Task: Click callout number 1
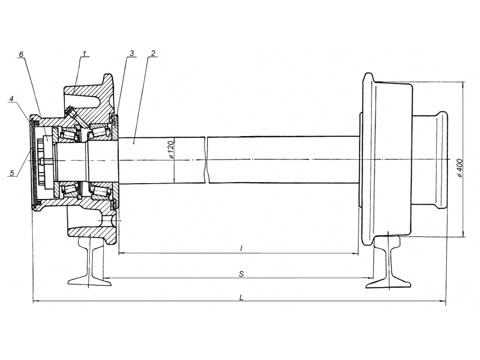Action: (84, 53)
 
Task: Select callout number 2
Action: (153, 53)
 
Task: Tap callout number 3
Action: (132, 53)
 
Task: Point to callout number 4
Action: (12, 99)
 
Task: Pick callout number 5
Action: (12, 173)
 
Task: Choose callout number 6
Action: (21, 54)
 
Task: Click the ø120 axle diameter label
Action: (171, 150)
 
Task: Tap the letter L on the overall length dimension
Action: (241, 297)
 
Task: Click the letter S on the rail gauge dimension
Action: (241, 274)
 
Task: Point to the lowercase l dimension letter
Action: (241, 248)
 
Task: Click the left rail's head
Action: (91, 242)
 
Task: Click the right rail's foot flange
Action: (388, 282)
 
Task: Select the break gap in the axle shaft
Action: (206, 160)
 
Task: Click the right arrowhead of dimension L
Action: (443, 301)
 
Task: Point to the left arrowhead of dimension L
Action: (36, 301)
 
